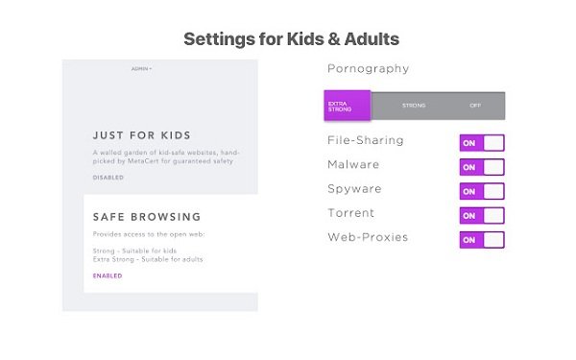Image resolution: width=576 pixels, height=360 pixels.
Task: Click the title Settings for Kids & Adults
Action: (291, 38)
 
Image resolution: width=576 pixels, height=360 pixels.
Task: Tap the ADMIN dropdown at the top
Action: (141, 68)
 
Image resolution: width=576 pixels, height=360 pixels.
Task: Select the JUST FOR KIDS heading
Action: (141, 135)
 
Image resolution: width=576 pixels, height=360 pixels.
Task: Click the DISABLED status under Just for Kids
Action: (108, 178)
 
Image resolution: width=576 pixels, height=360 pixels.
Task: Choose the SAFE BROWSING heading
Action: (147, 217)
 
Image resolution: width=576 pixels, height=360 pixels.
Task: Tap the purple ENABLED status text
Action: (108, 276)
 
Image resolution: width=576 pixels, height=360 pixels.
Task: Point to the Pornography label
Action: (368, 69)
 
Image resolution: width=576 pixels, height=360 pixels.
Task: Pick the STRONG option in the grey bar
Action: (414, 106)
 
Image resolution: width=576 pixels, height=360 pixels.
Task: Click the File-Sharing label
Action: (366, 141)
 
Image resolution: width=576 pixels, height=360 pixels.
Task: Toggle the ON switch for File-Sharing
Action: (482, 143)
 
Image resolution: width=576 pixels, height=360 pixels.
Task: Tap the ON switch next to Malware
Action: (482, 167)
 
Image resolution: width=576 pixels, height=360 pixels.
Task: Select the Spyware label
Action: (355, 189)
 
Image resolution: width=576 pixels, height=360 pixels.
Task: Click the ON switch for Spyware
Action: (482, 191)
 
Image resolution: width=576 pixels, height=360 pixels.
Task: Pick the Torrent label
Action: (351, 213)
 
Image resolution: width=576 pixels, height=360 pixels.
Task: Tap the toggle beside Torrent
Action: (482, 215)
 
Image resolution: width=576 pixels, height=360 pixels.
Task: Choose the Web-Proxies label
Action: (367, 237)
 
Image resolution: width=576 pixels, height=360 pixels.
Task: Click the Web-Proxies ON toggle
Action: (482, 239)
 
